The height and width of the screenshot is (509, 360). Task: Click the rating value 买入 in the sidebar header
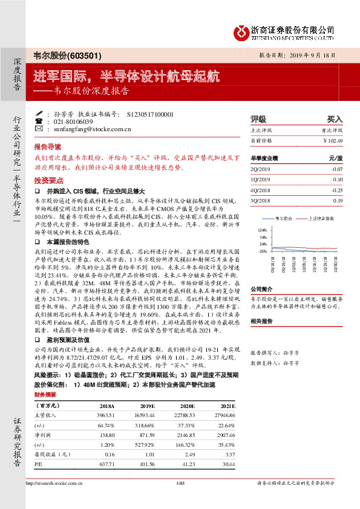tap(335, 119)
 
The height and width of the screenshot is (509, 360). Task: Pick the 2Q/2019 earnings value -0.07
tap(336, 169)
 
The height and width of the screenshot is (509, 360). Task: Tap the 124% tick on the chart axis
tap(261, 230)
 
